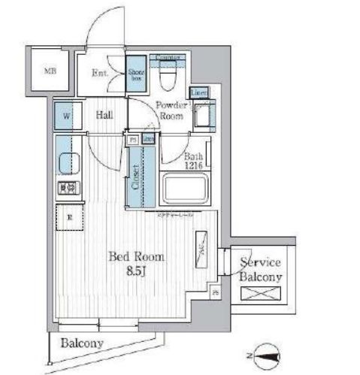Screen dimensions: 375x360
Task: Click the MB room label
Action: (49, 72)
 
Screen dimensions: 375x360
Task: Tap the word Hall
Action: (104, 115)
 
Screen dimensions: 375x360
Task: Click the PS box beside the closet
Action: (133, 140)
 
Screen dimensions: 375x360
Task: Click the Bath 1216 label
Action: (195, 161)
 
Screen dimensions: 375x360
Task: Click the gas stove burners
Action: (67, 188)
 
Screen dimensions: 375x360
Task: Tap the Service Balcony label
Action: (260, 270)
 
